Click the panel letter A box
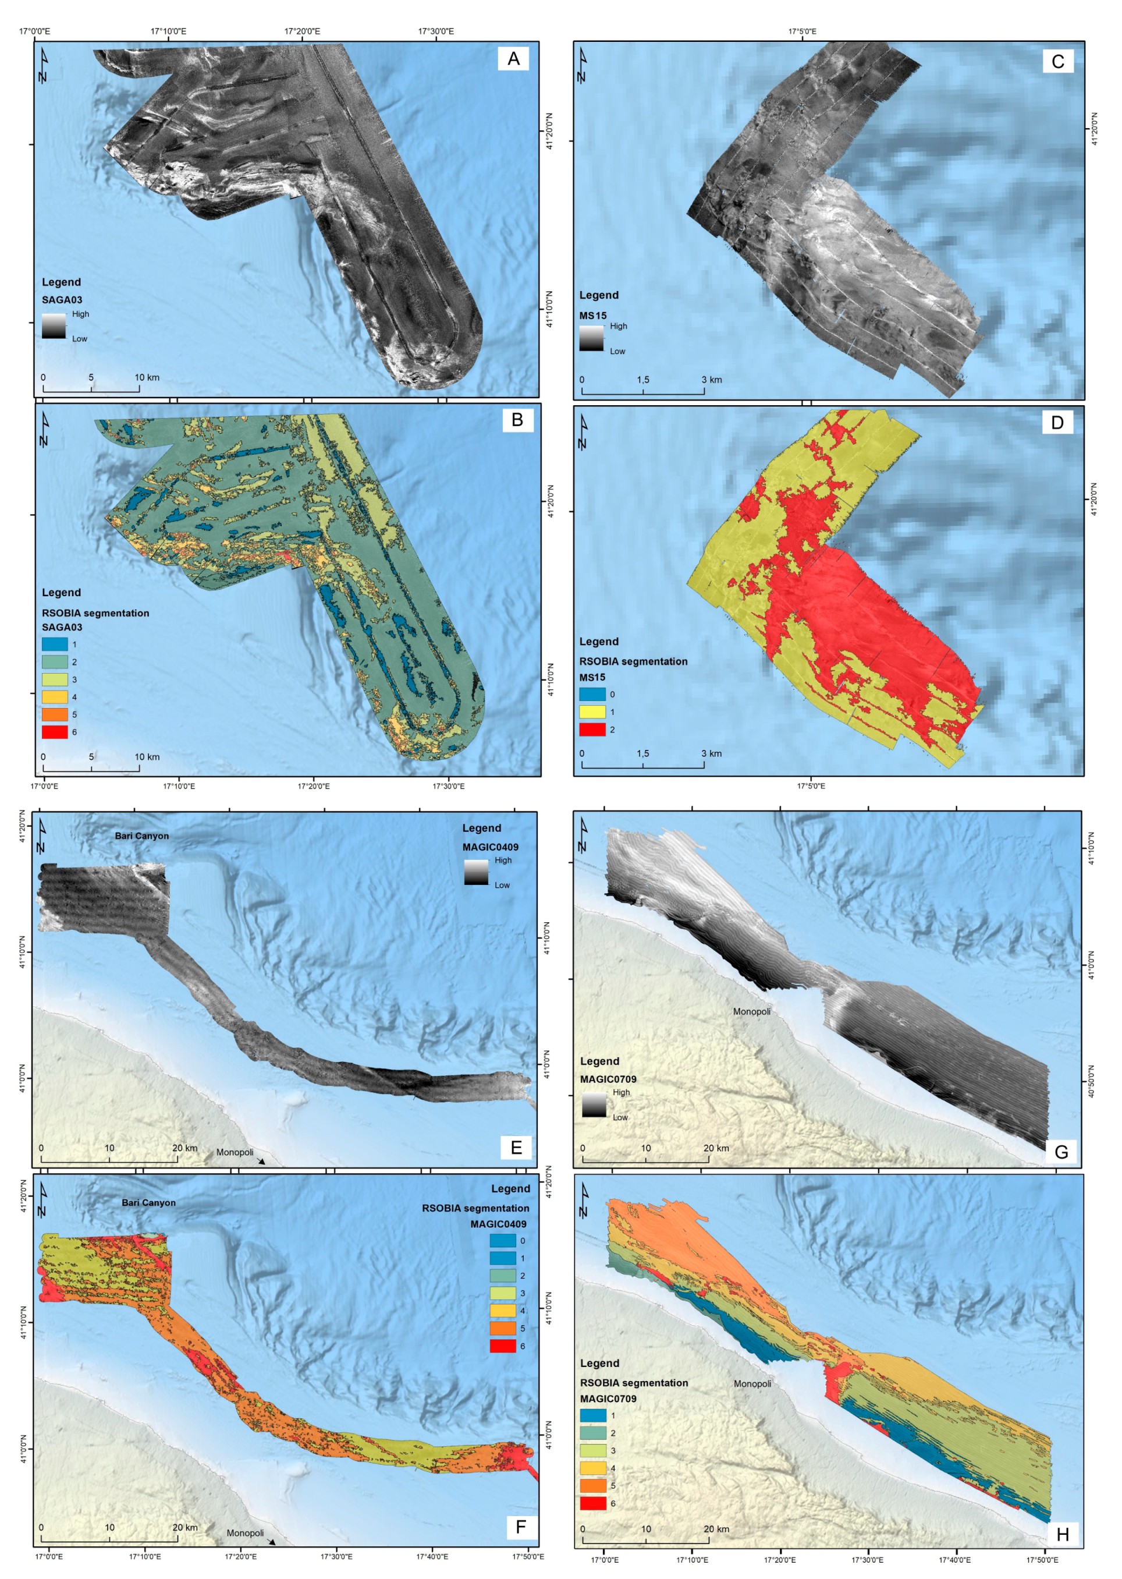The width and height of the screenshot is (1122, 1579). tap(513, 59)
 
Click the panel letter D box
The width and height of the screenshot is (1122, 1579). tap(1056, 422)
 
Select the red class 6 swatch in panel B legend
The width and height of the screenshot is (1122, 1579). tap(55, 732)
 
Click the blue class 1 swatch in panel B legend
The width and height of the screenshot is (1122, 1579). tap(55, 644)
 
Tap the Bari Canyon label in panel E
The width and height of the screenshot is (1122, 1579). tap(141, 835)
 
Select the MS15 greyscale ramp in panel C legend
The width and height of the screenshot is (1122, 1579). tap(591, 339)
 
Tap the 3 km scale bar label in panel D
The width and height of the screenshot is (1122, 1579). tap(711, 753)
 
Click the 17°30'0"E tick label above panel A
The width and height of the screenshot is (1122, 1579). tap(435, 31)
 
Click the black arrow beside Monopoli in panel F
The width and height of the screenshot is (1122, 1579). tap(272, 1542)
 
